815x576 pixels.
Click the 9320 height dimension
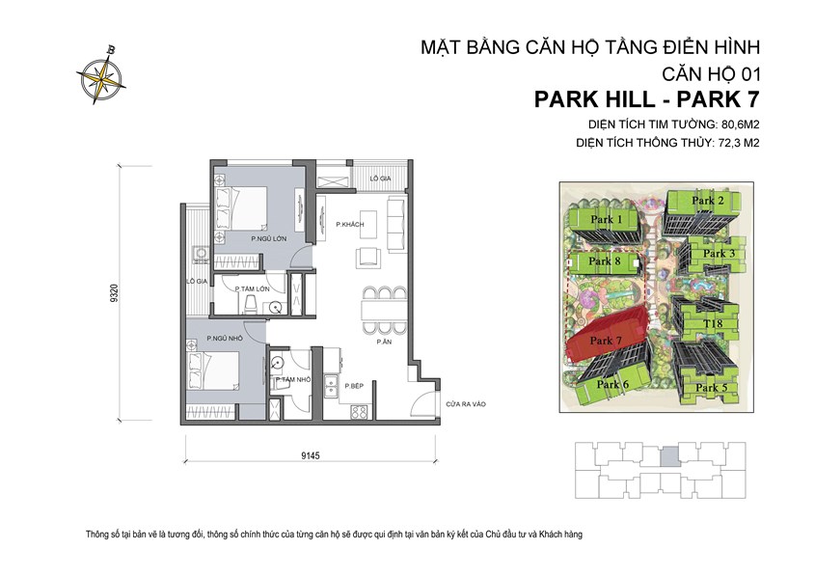(115, 293)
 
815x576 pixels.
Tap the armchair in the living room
(368, 256)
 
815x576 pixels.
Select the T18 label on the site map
(714, 323)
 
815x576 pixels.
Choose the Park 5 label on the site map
(712, 388)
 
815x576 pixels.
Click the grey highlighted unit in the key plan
(667, 458)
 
